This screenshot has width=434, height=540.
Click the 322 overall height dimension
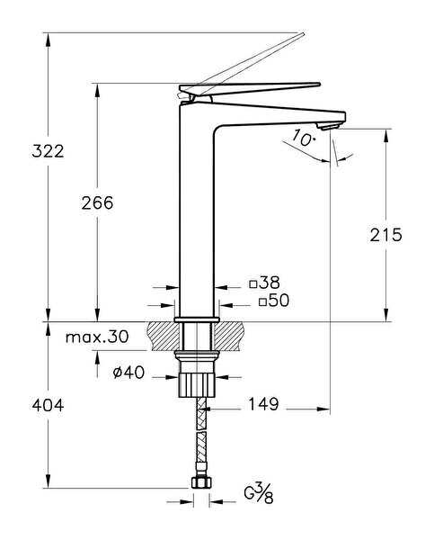tap(48, 151)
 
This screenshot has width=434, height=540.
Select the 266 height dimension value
tap(97, 202)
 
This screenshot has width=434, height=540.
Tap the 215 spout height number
tap(385, 235)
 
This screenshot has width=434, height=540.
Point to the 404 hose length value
tap(48, 405)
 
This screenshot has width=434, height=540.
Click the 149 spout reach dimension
tap(263, 404)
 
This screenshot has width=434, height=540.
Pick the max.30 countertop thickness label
tap(97, 337)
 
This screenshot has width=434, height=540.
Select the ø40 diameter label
tap(128, 373)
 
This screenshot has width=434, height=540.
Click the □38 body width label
tap(265, 283)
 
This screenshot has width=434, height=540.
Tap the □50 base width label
tap(274, 301)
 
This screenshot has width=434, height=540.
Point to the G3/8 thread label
tap(259, 493)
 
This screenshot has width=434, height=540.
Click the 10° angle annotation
tap(304, 138)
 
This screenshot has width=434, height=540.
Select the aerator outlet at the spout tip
tap(330, 126)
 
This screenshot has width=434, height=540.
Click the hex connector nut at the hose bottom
tap(201, 482)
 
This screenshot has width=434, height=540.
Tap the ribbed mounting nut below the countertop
tap(197, 384)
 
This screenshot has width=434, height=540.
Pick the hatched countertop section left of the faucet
tap(163, 336)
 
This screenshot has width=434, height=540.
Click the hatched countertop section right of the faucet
tap(229, 336)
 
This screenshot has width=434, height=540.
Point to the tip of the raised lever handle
tap(303, 34)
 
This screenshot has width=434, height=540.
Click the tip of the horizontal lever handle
tap(319, 84)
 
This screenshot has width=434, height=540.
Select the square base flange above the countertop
tap(197, 319)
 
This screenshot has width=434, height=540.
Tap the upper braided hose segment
tap(201, 413)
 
